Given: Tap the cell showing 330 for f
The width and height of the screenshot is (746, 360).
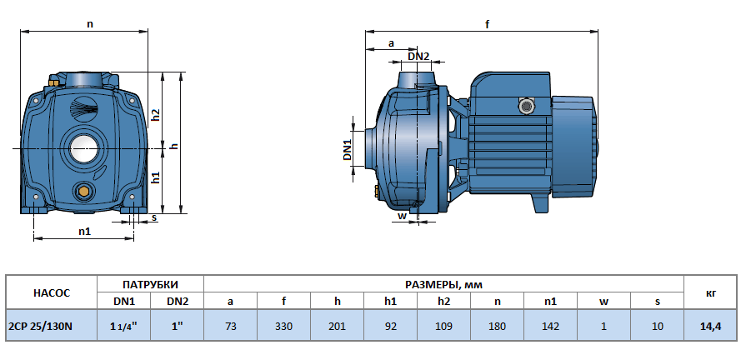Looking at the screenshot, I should coord(283,326).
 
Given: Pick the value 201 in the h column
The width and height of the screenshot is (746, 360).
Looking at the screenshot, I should coord(337,326).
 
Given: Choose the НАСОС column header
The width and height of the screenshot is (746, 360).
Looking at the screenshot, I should coord(51,292).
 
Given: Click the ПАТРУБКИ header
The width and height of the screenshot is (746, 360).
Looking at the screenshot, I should coord(151,284).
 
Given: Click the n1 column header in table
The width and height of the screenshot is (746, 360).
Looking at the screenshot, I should coord(550,302).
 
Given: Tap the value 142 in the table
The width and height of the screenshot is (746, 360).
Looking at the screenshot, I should coord(550,326).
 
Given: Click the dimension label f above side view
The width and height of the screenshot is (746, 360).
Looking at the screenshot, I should coord(487,25).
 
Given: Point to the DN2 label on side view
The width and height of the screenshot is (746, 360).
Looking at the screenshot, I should coord(418,56).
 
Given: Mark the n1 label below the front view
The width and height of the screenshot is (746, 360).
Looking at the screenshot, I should coord(84,231).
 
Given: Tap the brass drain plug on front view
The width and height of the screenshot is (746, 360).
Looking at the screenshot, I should coord(83,192).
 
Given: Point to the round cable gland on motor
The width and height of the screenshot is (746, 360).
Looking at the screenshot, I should coord(525,107).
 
